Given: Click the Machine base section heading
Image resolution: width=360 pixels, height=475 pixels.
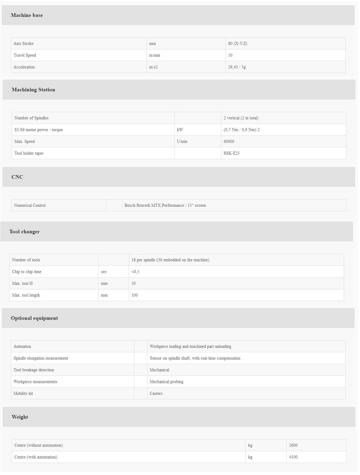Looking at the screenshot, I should (27, 15).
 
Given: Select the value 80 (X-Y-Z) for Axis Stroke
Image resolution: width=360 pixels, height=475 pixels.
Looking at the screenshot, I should (238, 44).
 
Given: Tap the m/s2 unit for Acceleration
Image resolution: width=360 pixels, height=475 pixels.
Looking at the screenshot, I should (153, 67).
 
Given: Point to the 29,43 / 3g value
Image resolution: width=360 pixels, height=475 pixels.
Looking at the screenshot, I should (237, 67).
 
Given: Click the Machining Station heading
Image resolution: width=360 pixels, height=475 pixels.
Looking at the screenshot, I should (33, 90).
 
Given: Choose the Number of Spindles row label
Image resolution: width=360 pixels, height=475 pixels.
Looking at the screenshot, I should (31, 118).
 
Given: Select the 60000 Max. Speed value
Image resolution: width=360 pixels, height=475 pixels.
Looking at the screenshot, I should (229, 142).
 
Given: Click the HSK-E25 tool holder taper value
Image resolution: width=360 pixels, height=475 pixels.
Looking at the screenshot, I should (232, 153).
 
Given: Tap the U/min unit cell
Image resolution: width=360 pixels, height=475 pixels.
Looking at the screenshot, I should (182, 142).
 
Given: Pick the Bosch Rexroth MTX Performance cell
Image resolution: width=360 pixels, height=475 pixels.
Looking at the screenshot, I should (165, 205).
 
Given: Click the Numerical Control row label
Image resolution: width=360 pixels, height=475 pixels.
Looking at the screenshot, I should (30, 205).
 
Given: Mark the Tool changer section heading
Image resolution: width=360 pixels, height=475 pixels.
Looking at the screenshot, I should (25, 232).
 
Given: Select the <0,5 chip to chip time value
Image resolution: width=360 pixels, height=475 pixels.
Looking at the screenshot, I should (135, 272).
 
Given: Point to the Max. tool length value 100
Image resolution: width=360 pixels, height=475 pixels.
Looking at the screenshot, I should (135, 295).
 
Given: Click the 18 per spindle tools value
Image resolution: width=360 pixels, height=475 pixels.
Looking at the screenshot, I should (170, 260).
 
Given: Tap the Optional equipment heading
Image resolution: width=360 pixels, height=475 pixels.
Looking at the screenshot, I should (34, 318).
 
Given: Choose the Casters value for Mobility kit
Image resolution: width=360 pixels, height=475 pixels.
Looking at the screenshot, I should (156, 393).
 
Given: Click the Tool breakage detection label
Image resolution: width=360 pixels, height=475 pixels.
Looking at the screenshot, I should (34, 370).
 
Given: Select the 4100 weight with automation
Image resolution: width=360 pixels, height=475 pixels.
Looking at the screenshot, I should (293, 457).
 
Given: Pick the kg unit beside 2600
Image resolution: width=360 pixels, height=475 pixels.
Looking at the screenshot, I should (250, 445).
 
